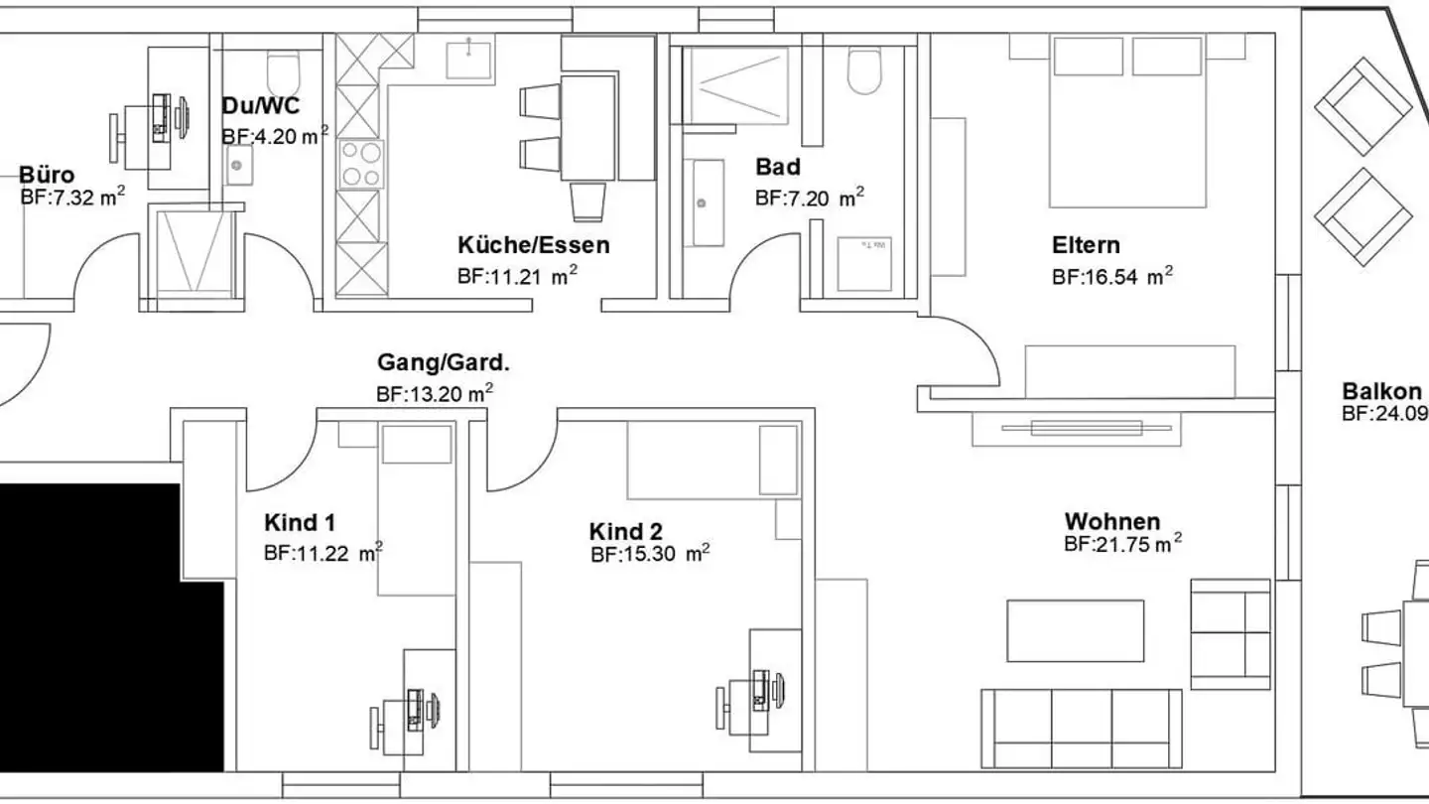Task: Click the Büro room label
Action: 47,176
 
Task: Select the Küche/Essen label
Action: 533,244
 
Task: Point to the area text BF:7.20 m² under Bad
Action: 809,198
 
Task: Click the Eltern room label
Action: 1086,244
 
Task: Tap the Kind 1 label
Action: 306,522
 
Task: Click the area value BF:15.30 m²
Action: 649,555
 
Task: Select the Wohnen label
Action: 1111,521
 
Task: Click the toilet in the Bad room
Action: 864,71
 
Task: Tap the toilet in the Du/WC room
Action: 284,71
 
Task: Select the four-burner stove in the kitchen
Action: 360,165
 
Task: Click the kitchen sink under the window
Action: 467,59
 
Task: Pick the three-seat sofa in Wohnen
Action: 1082,727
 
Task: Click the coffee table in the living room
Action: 1075,630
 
